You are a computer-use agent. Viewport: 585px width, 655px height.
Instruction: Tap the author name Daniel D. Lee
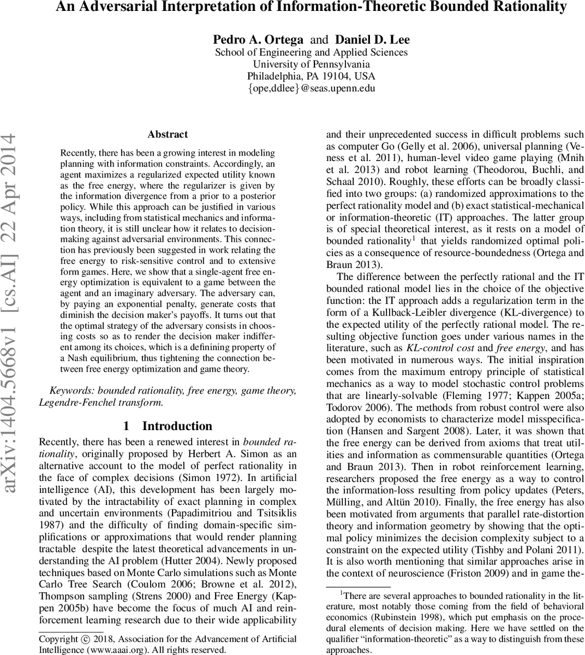[372, 39]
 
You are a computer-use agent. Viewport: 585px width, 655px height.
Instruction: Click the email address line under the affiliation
[311, 88]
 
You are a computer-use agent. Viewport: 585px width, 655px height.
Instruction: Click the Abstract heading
[168, 134]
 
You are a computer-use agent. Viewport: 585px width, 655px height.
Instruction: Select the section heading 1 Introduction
[168, 426]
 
